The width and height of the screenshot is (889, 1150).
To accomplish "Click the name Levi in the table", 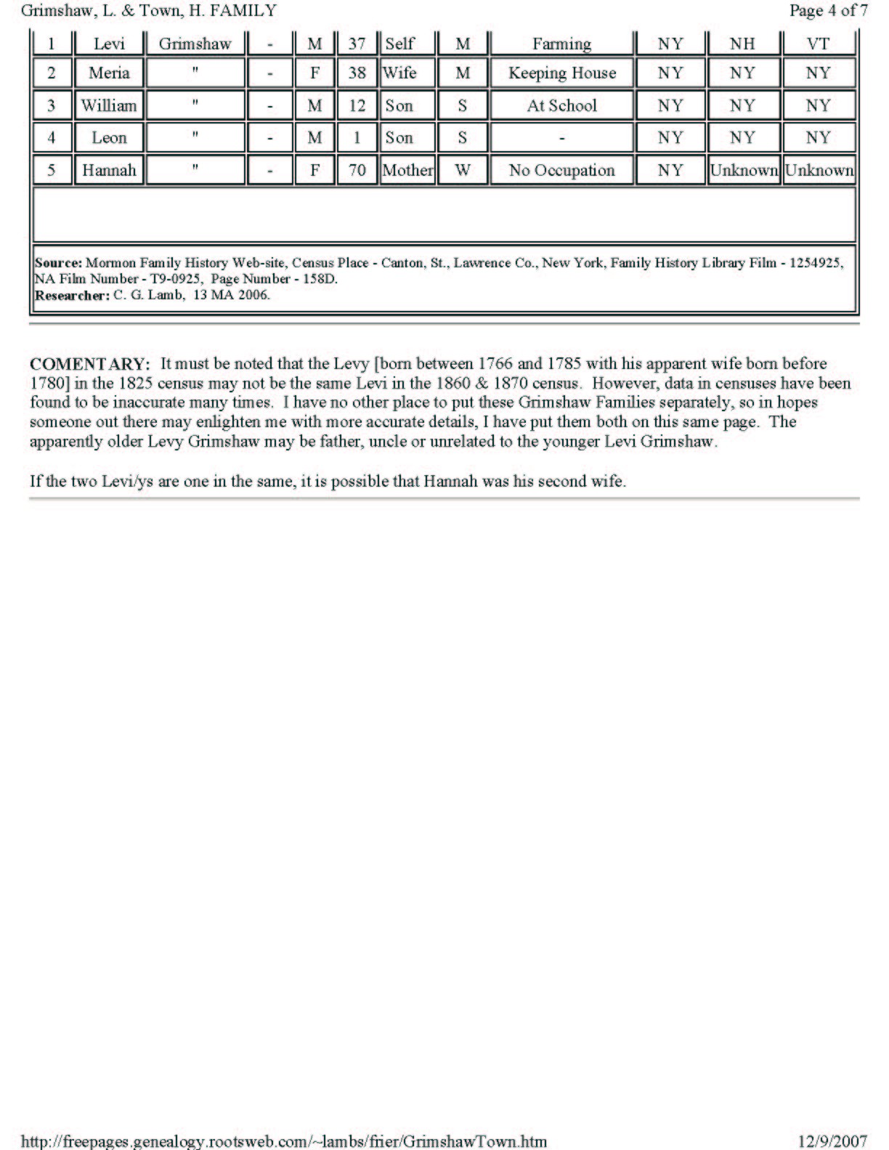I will pos(109,44).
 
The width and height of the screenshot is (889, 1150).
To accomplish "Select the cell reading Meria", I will pos(109,73).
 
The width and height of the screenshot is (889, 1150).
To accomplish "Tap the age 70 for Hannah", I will pos(357,171).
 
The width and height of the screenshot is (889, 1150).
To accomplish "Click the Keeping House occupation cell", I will pos(561,73).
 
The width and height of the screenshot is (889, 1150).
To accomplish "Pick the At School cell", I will pos(561,106).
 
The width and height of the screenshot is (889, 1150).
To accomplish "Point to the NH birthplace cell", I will pos(742,44).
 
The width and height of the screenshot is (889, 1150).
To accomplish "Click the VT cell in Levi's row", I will pos(818,44).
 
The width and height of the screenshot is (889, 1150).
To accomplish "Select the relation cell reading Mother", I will pos(407,171).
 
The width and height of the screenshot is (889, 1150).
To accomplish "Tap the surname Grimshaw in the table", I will pos(195,44).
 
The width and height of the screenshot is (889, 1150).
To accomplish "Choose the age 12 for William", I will pos(357,106).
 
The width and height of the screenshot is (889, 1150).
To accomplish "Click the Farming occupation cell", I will pos(561,44).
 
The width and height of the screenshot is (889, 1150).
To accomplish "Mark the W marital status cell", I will pos(463,171).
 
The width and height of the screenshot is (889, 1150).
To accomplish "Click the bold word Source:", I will pos(58,263).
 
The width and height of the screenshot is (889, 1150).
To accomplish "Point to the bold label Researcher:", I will pos(72,296).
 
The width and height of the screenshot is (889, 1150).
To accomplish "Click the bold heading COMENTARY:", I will pos(90,364).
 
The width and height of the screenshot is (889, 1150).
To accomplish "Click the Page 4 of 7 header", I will pos(828,11).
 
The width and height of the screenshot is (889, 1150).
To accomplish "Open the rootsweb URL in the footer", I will pos(283,1141).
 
